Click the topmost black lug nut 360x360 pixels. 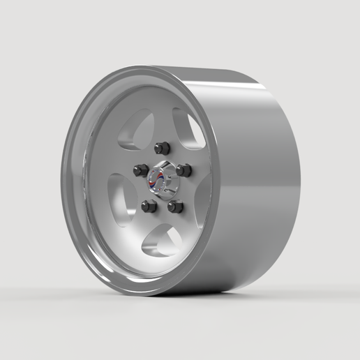[x=162, y=148]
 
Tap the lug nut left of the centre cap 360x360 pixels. [x=140, y=170]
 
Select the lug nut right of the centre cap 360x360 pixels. [x=183, y=170]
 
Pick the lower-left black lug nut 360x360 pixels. [x=149, y=206]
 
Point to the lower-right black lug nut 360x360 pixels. [x=175, y=207]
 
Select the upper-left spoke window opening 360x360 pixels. [x=136, y=130]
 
